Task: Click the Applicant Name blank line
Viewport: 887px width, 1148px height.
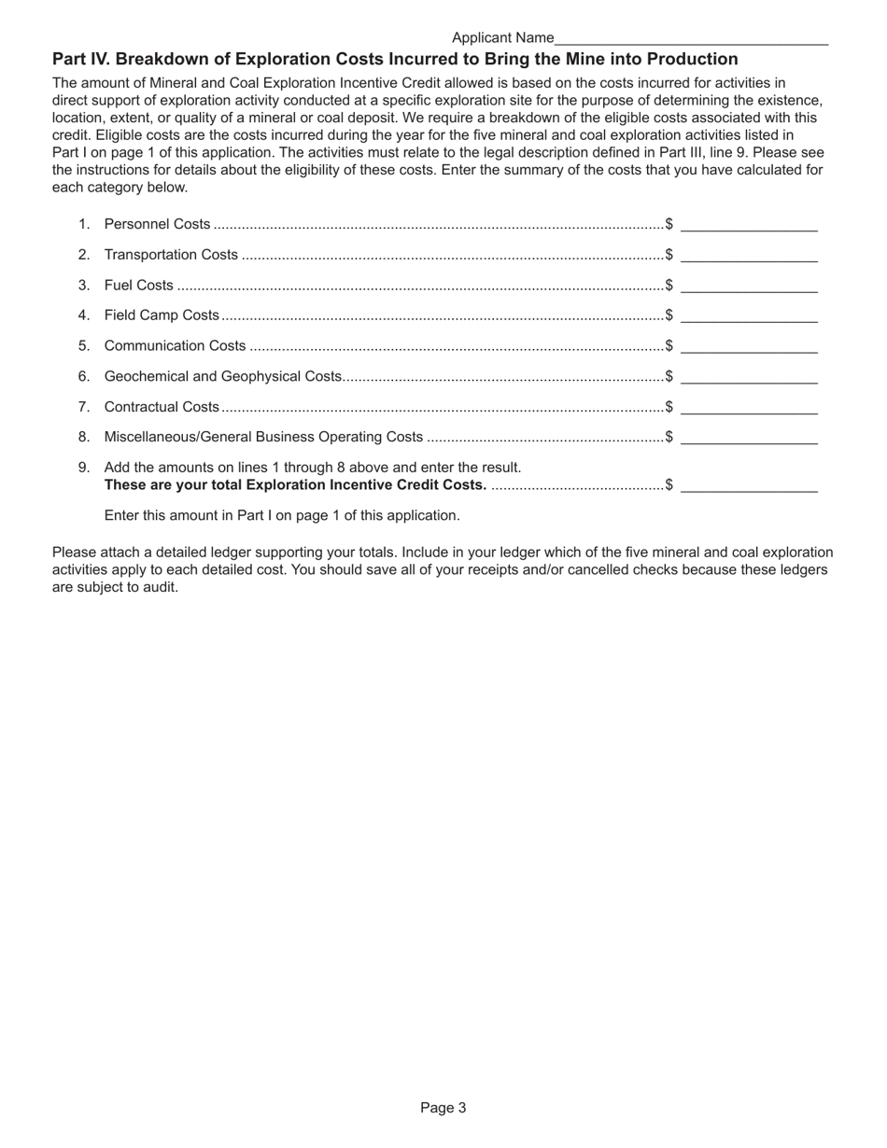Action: point(691,38)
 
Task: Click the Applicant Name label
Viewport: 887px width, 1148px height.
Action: point(502,38)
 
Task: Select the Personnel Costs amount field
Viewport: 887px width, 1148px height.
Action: point(749,224)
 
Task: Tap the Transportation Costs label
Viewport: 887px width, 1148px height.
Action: point(171,255)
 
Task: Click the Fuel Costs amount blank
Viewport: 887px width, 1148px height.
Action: point(749,286)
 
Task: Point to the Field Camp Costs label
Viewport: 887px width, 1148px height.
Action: point(162,315)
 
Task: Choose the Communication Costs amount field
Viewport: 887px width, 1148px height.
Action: point(749,346)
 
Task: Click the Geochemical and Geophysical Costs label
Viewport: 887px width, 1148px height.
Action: point(223,376)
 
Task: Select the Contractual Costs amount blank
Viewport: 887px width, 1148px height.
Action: point(749,407)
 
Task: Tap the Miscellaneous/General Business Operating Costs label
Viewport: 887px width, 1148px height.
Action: point(263,437)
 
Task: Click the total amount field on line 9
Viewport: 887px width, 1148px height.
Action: point(749,484)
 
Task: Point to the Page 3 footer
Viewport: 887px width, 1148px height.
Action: point(443,1108)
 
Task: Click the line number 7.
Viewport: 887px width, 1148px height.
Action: point(83,407)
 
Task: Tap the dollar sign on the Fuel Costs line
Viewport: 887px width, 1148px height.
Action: point(669,286)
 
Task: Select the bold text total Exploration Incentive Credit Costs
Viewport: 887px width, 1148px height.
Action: point(295,484)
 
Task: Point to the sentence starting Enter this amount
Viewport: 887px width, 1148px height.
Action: point(282,515)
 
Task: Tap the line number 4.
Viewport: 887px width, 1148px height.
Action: point(83,315)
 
